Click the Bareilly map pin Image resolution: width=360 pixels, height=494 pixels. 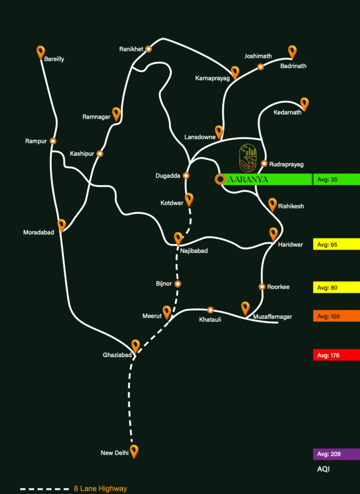[41, 52]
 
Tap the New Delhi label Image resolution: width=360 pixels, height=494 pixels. [114, 453]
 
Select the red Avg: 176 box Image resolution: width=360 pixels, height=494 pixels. [336, 355]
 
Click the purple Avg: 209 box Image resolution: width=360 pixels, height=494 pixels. [336, 454]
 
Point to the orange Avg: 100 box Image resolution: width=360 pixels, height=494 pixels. [336, 316]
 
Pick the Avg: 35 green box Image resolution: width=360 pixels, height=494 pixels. [336, 179]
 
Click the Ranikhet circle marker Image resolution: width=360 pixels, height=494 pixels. [149, 49]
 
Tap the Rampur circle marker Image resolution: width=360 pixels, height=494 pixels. [53, 141]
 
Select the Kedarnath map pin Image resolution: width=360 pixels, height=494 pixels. [304, 103]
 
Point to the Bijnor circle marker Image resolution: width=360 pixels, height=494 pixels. [178, 284]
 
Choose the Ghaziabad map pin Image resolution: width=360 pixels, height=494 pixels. [136, 345]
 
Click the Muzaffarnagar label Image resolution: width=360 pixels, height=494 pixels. [273, 317]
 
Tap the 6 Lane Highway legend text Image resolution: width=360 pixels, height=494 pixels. [100, 489]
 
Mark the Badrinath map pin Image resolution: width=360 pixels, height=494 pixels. [292, 51]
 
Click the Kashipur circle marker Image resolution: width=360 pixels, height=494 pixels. [100, 154]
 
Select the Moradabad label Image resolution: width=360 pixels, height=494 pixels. [39, 233]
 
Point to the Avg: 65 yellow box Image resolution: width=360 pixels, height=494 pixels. [336, 245]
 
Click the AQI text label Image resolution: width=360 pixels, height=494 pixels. [323, 469]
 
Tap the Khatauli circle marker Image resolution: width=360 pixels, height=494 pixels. [210, 310]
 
